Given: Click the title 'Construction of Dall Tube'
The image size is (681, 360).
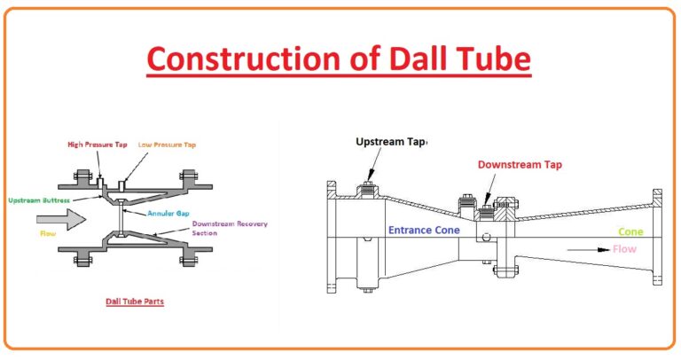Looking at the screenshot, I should [339, 59].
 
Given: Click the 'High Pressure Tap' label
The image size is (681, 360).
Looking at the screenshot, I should [98, 145].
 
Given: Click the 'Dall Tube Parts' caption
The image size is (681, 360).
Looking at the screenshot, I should [133, 301].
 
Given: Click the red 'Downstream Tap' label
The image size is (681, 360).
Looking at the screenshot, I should [520, 164].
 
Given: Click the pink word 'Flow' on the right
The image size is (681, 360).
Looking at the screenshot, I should [624, 249].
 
